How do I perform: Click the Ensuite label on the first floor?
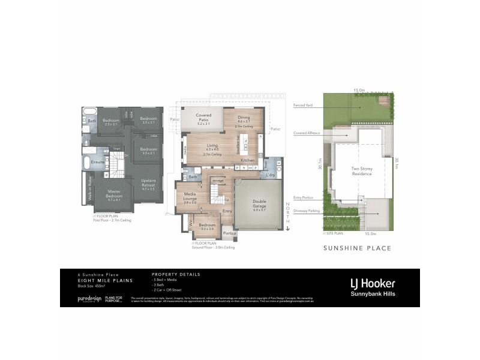click(x=98, y=162)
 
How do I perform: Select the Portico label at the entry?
click(x=229, y=233)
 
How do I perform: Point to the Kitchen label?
click(x=248, y=161)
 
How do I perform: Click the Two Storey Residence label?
click(x=362, y=172)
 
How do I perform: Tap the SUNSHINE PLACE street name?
click(x=357, y=248)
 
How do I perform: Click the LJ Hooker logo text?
click(x=372, y=283)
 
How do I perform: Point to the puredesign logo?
click(x=90, y=298)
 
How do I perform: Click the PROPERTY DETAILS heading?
click(x=176, y=274)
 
